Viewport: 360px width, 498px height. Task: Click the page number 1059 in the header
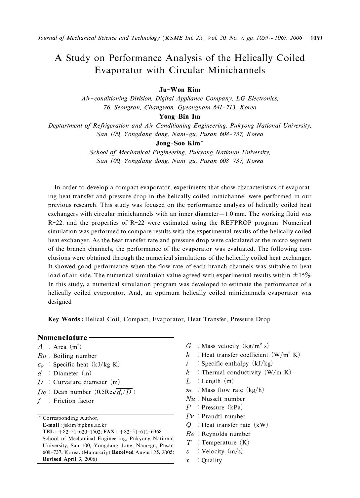(x=316, y=38)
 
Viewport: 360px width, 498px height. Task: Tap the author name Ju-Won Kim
(x=180, y=90)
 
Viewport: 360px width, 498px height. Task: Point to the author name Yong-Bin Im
(x=180, y=117)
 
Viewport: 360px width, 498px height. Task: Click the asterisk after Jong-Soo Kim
(x=202, y=142)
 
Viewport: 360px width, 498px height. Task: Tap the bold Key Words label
(x=65, y=319)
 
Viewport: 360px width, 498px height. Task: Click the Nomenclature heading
(x=62, y=337)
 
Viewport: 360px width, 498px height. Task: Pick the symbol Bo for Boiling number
(x=42, y=356)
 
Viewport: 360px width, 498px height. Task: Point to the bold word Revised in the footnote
(x=52, y=459)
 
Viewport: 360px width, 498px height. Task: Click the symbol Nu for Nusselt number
(x=191, y=399)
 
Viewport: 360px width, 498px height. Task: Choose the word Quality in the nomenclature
(x=212, y=460)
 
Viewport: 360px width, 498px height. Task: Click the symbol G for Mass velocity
(x=189, y=346)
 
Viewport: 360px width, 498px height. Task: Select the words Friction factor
(x=73, y=401)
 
